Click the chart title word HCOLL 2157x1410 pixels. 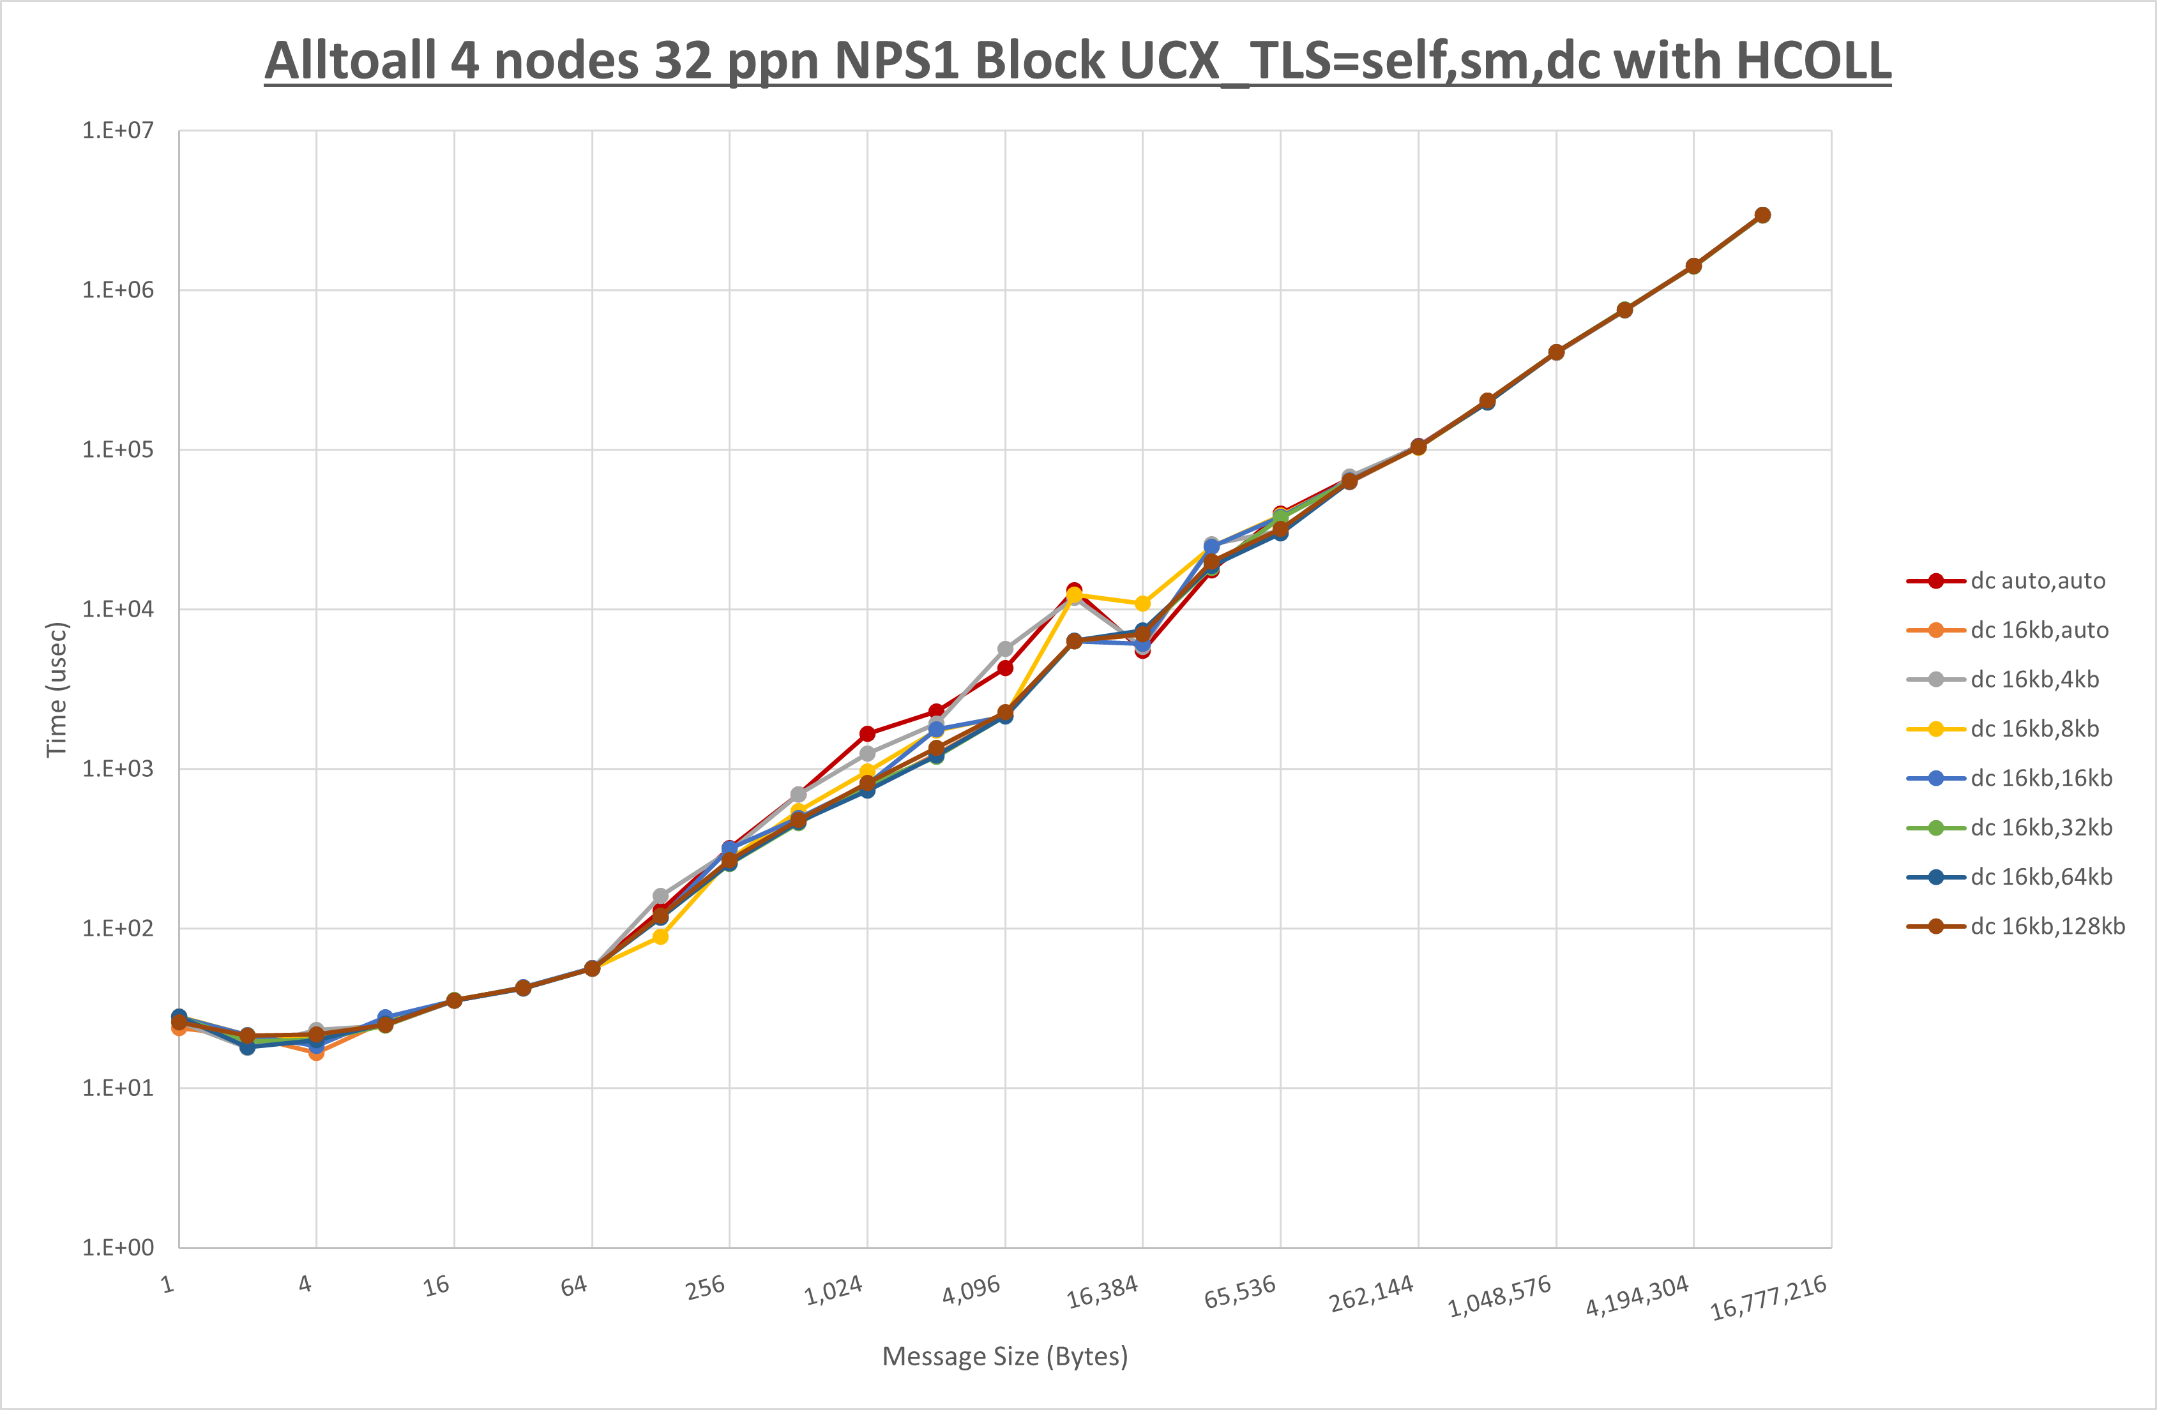click(1813, 62)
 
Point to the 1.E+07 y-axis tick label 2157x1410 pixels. click(118, 130)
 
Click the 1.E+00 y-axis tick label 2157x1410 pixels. click(118, 1248)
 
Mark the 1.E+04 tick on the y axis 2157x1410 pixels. click(118, 609)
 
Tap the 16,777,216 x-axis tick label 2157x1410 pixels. click(1768, 1298)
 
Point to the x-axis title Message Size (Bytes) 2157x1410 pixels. click(1005, 1356)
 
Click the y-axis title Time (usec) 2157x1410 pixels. click(56, 689)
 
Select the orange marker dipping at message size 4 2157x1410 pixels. click(316, 1052)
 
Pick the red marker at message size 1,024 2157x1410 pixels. click(867, 734)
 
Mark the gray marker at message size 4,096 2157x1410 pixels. click(1005, 649)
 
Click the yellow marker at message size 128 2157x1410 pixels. click(661, 936)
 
